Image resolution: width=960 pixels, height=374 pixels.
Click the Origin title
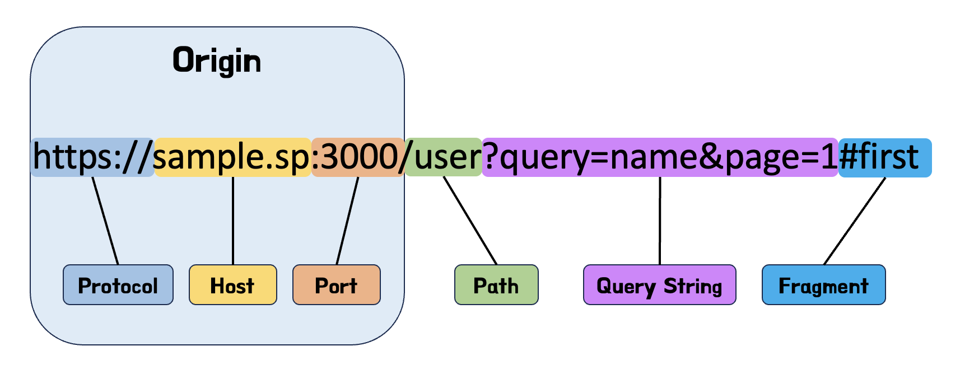pos(217,60)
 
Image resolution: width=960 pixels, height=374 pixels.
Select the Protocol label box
pos(118,285)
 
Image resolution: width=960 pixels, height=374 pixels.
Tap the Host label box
pos(232,285)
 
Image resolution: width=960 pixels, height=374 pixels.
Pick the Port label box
pos(336,285)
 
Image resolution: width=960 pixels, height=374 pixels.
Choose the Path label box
pos(496,285)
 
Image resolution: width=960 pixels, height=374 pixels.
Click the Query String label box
pos(659,285)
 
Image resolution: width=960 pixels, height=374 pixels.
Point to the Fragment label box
pos(823,285)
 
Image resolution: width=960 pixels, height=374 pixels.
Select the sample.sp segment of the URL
pos(232,157)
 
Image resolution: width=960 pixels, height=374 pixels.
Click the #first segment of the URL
pos(884,157)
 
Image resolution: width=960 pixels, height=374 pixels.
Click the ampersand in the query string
pos(711,157)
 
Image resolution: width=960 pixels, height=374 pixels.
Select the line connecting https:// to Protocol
pos(105,221)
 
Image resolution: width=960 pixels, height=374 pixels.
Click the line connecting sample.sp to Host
pos(233,221)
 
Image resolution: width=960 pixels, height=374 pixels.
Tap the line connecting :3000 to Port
pos(347,221)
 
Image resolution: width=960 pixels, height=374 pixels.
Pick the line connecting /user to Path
pos(470,221)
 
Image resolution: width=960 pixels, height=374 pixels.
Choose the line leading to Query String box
pos(660,221)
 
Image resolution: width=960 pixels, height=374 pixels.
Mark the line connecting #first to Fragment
pos(855,221)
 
